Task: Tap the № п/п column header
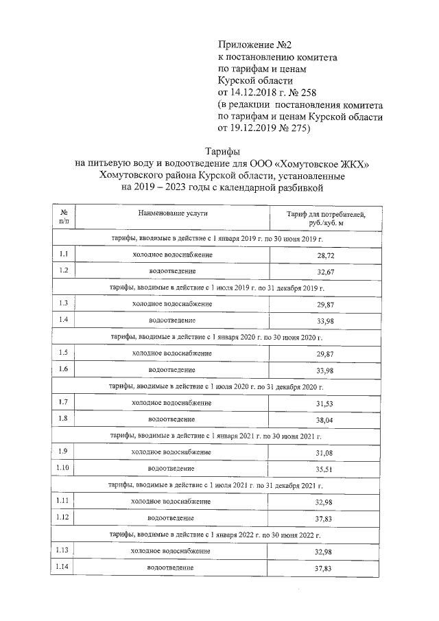pyautogui.click(x=64, y=218)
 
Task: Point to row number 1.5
pyautogui.click(x=63, y=353)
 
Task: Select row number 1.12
pyautogui.click(x=64, y=517)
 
